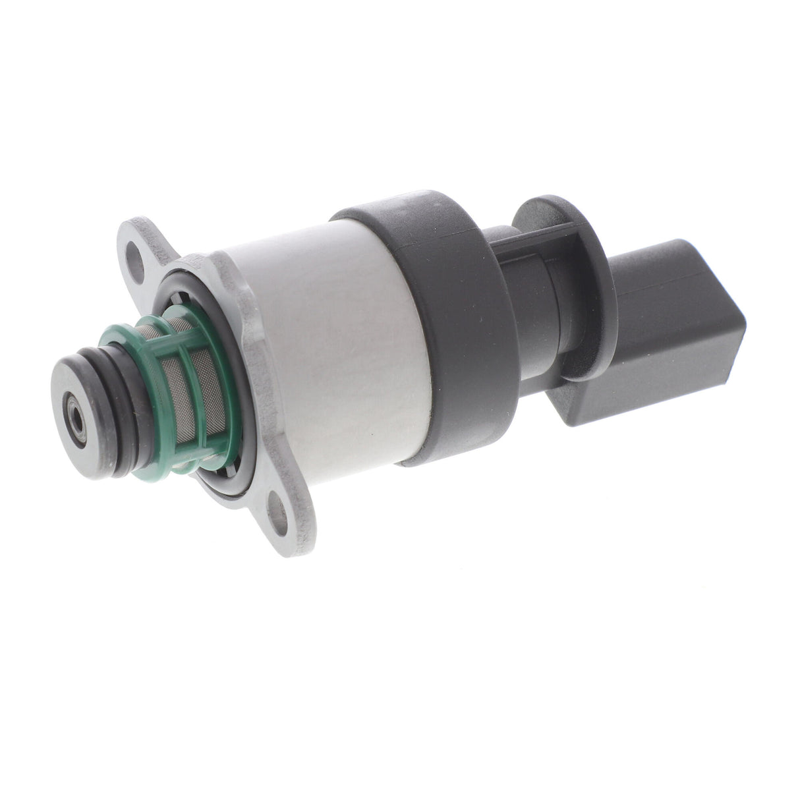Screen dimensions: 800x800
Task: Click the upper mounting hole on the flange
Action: click(x=136, y=252)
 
